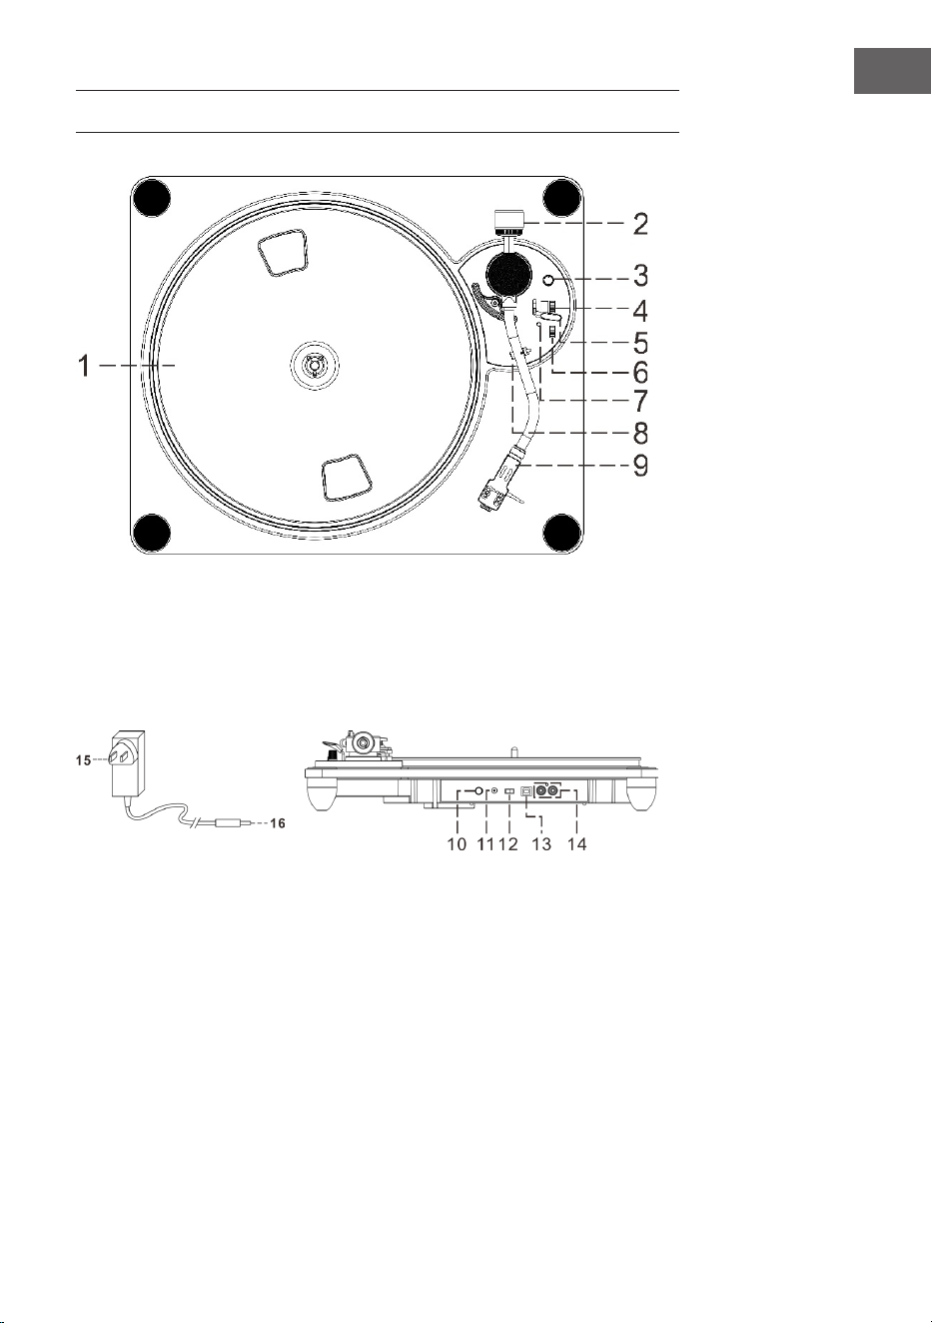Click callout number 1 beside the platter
86,366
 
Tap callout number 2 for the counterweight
639,224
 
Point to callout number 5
640,343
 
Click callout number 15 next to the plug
83,760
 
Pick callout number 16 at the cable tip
278,823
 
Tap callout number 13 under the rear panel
541,844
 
